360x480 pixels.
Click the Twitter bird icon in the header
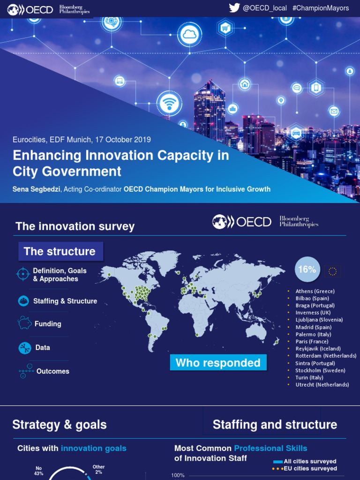coord(234,8)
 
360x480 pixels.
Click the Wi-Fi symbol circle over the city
coord(169,103)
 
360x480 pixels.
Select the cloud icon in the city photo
coord(189,34)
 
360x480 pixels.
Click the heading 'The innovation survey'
coord(75,226)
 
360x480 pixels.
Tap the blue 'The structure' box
coord(60,251)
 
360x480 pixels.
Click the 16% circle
coord(307,270)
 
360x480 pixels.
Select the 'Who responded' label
coord(218,363)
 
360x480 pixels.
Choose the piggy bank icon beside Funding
coord(24,323)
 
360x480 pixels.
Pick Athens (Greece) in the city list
coord(315,291)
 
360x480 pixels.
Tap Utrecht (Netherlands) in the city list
coord(322,385)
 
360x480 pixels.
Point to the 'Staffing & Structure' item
coord(65,301)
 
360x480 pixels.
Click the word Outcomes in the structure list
coord(53,371)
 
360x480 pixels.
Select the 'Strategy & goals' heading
coord(60,425)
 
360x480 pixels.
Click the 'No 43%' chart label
coord(38,471)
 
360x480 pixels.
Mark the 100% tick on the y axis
coord(178,475)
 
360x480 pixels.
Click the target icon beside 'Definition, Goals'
coord(23,274)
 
